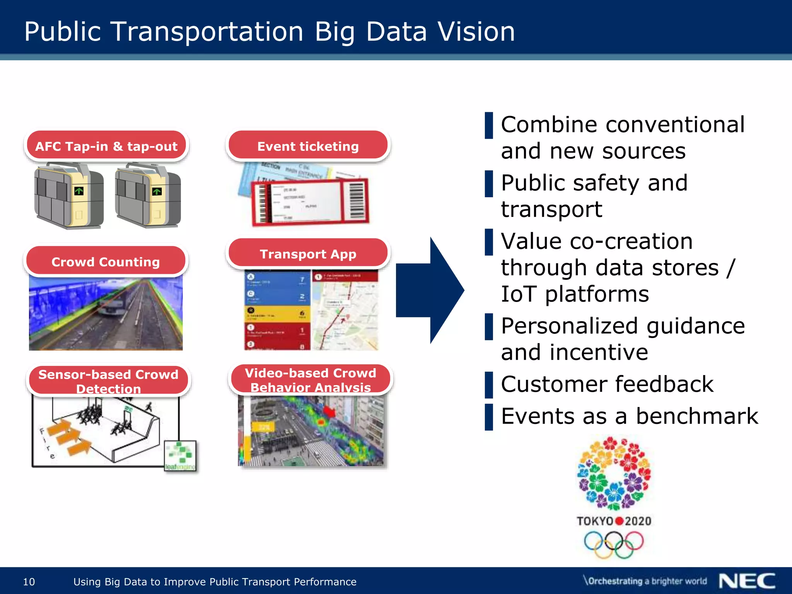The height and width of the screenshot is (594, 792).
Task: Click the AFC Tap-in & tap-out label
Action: pos(106,146)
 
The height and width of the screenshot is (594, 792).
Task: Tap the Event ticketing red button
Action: pos(308,146)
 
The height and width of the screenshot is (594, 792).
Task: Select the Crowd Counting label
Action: pos(106,261)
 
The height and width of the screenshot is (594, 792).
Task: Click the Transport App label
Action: pos(308,254)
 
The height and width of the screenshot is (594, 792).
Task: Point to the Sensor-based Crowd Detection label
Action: pos(108,381)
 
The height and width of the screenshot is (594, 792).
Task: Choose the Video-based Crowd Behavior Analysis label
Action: pos(310,379)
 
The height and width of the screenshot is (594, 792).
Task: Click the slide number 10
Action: pos(29,582)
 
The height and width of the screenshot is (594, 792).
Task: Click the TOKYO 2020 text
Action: pos(614,521)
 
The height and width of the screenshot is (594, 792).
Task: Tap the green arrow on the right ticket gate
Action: pos(157,191)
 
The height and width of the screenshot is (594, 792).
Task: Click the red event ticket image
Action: pos(309,201)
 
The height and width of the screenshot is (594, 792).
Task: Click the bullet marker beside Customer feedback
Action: pos(489,385)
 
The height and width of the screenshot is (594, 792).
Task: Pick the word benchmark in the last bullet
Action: pos(697,416)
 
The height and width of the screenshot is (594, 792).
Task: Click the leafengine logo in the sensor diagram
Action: pos(180,456)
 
